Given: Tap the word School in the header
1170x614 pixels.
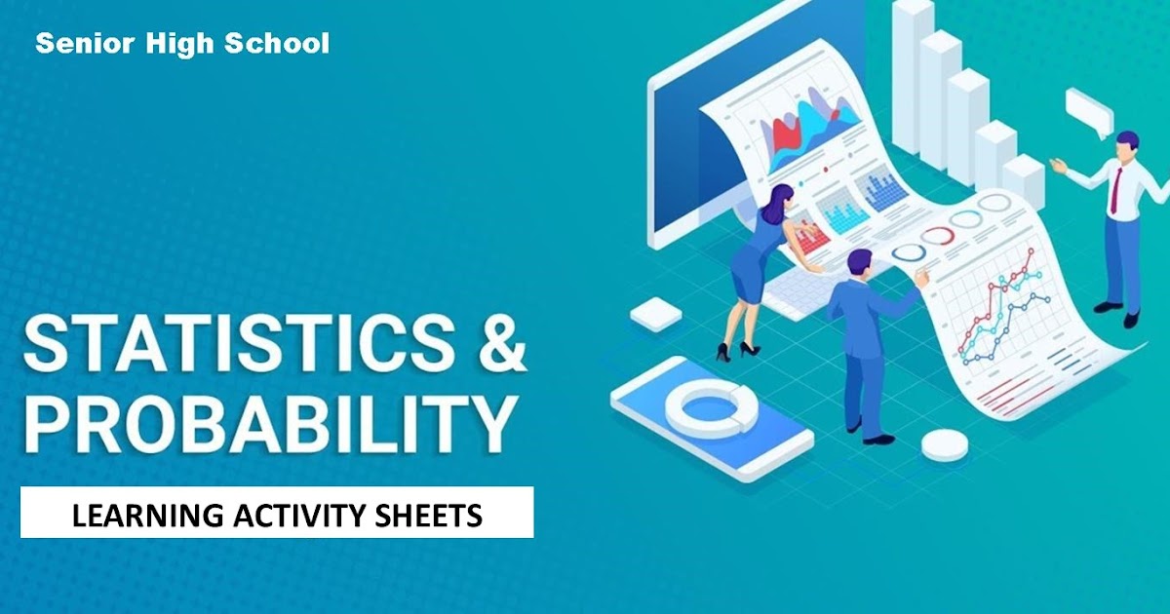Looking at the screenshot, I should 282,43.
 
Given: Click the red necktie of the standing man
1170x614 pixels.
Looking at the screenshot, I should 1114,189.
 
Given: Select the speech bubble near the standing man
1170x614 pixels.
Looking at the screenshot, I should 1088,109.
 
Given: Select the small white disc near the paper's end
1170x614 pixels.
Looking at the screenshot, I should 944,445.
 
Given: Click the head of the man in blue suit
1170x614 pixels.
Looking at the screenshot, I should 859,263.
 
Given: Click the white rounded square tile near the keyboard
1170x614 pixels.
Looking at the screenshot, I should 654,314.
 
